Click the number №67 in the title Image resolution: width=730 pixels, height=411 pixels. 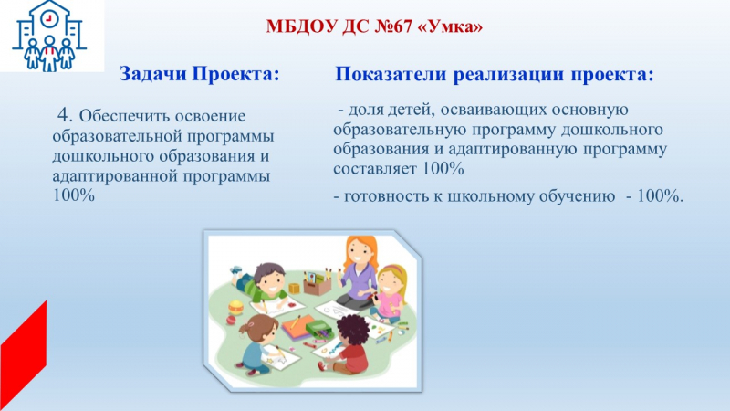click(x=393, y=26)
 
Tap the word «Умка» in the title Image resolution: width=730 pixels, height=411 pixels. click(x=451, y=26)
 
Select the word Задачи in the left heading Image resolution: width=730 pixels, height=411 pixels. click(x=153, y=74)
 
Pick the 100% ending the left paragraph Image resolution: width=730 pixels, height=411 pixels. click(x=74, y=195)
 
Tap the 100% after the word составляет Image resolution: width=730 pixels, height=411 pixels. click(x=443, y=168)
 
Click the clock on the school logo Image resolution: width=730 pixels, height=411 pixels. click(x=48, y=18)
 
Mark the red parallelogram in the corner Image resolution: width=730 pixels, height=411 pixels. click(x=24, y=355)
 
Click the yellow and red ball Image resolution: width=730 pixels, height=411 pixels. click(x=235, y=308)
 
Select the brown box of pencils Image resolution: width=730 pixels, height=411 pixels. click(x=317, y=283)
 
